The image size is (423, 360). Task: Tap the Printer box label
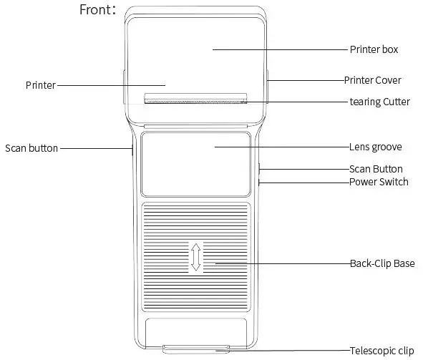[x=374, y=49]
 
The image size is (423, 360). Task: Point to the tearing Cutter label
[x=379, y=102]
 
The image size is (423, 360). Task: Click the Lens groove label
[x=375, y=147]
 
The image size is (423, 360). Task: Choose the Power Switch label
[x=379, y=182]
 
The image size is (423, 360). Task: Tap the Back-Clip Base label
[x=381, y=263]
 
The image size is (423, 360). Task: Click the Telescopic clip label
[x=381, y=351]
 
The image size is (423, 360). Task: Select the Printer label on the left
[x=40, y=85]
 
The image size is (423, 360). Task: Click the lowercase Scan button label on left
[x=31, y=148]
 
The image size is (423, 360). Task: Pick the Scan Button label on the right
[x=376, y=169]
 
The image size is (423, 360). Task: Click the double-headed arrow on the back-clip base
[x=196, y=257]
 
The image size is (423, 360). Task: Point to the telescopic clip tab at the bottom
[x=196, y=349]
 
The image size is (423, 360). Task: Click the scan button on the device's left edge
[x=131, y=150]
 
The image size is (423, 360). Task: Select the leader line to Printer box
[x=279, y=49]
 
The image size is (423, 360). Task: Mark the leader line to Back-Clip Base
[x=279, y=263]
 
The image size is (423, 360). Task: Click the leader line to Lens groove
[x=279, y=147]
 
